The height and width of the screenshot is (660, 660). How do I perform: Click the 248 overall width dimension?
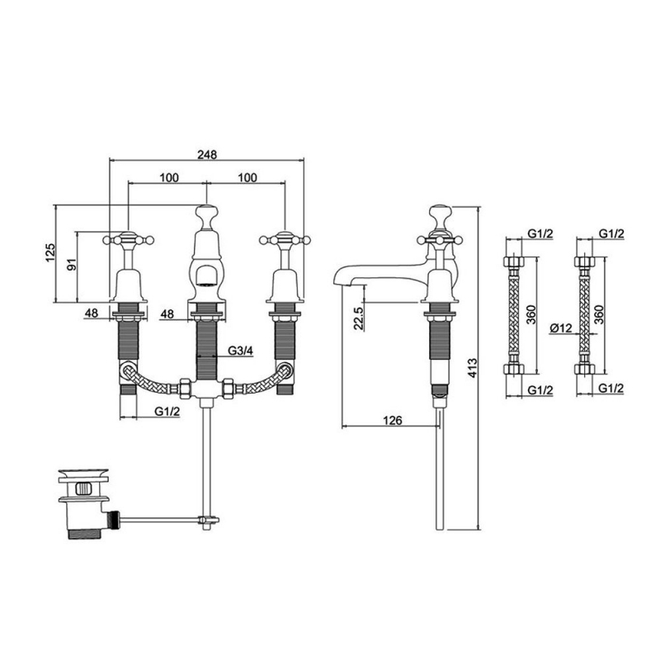click(x=205, y=153)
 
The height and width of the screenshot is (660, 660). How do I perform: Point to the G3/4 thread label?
click(x=240, y=351)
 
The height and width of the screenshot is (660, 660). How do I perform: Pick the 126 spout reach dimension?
click(x=393, y=421)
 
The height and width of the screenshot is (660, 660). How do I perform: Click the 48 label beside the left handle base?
click(x=92, y=313)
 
